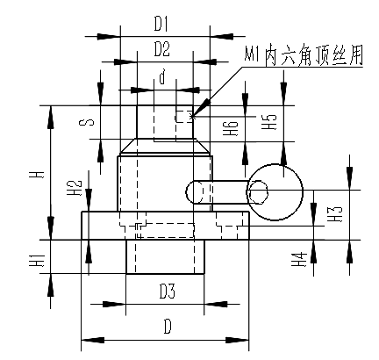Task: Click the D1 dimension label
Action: point(161,25)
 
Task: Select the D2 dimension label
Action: point(162,49)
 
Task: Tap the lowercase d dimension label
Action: point(162,76)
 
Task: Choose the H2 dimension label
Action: point(76,188)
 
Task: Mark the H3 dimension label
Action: point(336,214)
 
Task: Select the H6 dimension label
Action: point(231,128)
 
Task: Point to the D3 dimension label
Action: point(168,292)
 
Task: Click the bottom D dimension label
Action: point(168,327)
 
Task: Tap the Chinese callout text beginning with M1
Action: point(304,55)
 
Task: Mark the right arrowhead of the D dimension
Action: point(237,340)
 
